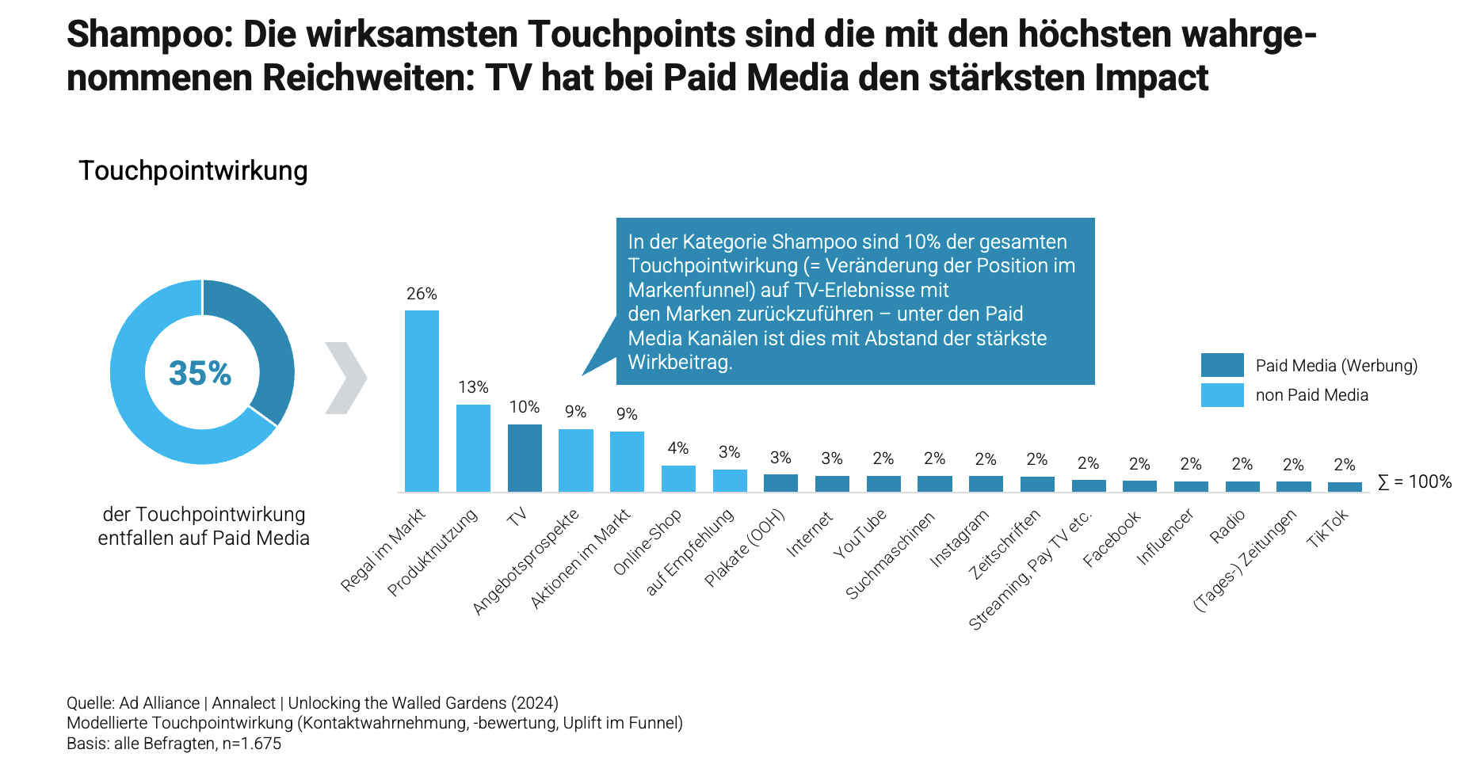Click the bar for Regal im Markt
(422, 401)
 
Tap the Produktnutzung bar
(473, 448)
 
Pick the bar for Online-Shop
(678, 478)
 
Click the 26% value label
(422, 294)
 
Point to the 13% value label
(473, 387)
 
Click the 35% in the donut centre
(200, 373)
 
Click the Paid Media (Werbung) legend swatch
(1222, 365)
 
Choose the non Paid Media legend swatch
(1222, 395)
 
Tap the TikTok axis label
(1327, 529)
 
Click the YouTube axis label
(860, 535)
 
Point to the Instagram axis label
(960, 538)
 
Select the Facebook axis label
(1112, 538)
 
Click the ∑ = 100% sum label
(1414, 481)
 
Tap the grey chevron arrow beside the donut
(346, 378)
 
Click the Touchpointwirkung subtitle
(193, 171)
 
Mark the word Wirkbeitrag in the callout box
(679, 363)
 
